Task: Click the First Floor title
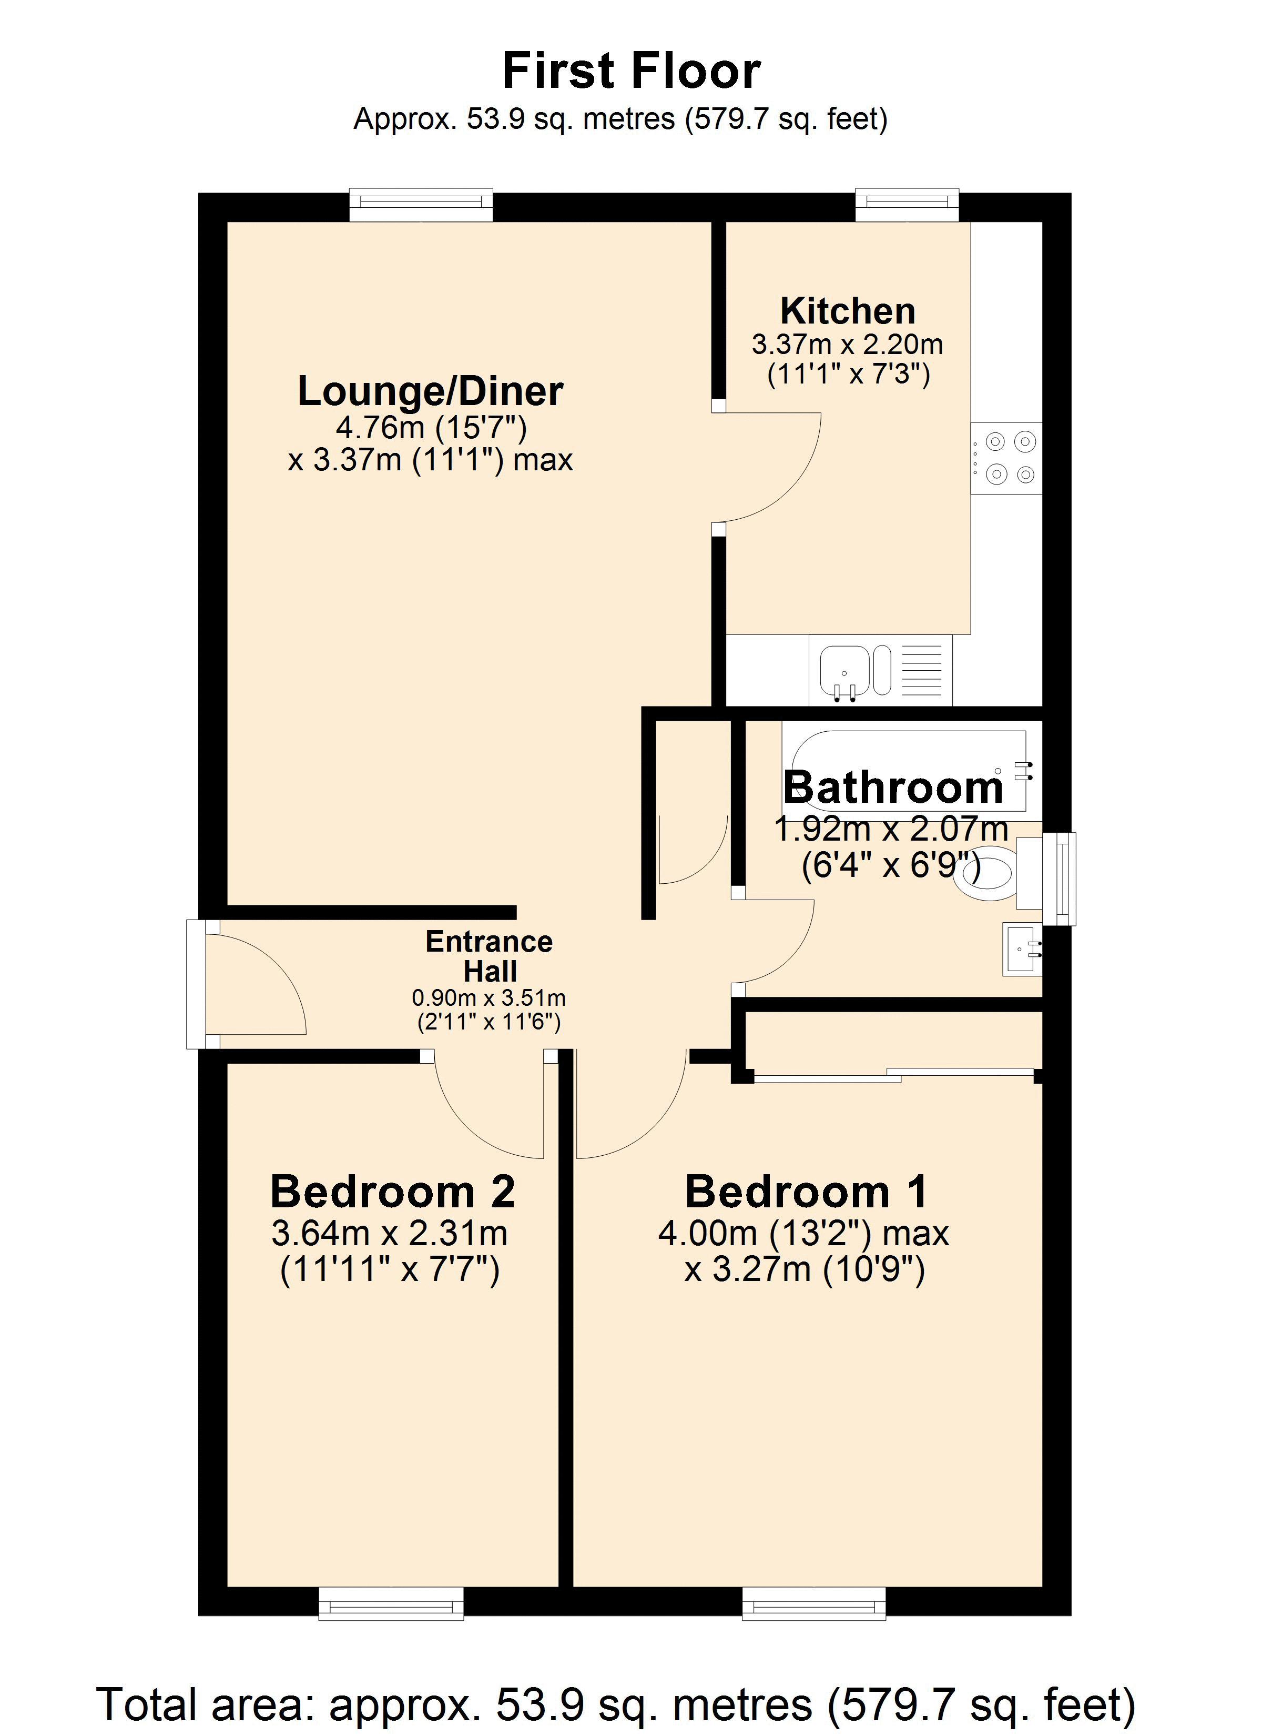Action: pyautogui.click(x=632, y=70)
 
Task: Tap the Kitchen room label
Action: pyautogui.click(x=848, y=311)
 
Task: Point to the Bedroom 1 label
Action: pyautogui.click(x=806, y=1191)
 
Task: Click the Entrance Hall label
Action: pyautogui.click(x=489, y=956)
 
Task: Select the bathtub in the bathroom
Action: pyautogui.click(x=904, y=771)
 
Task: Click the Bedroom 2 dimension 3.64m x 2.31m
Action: pyautogui.click(x=390, y=1233)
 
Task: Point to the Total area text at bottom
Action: pyautogui.click(x=616, y=1704)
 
